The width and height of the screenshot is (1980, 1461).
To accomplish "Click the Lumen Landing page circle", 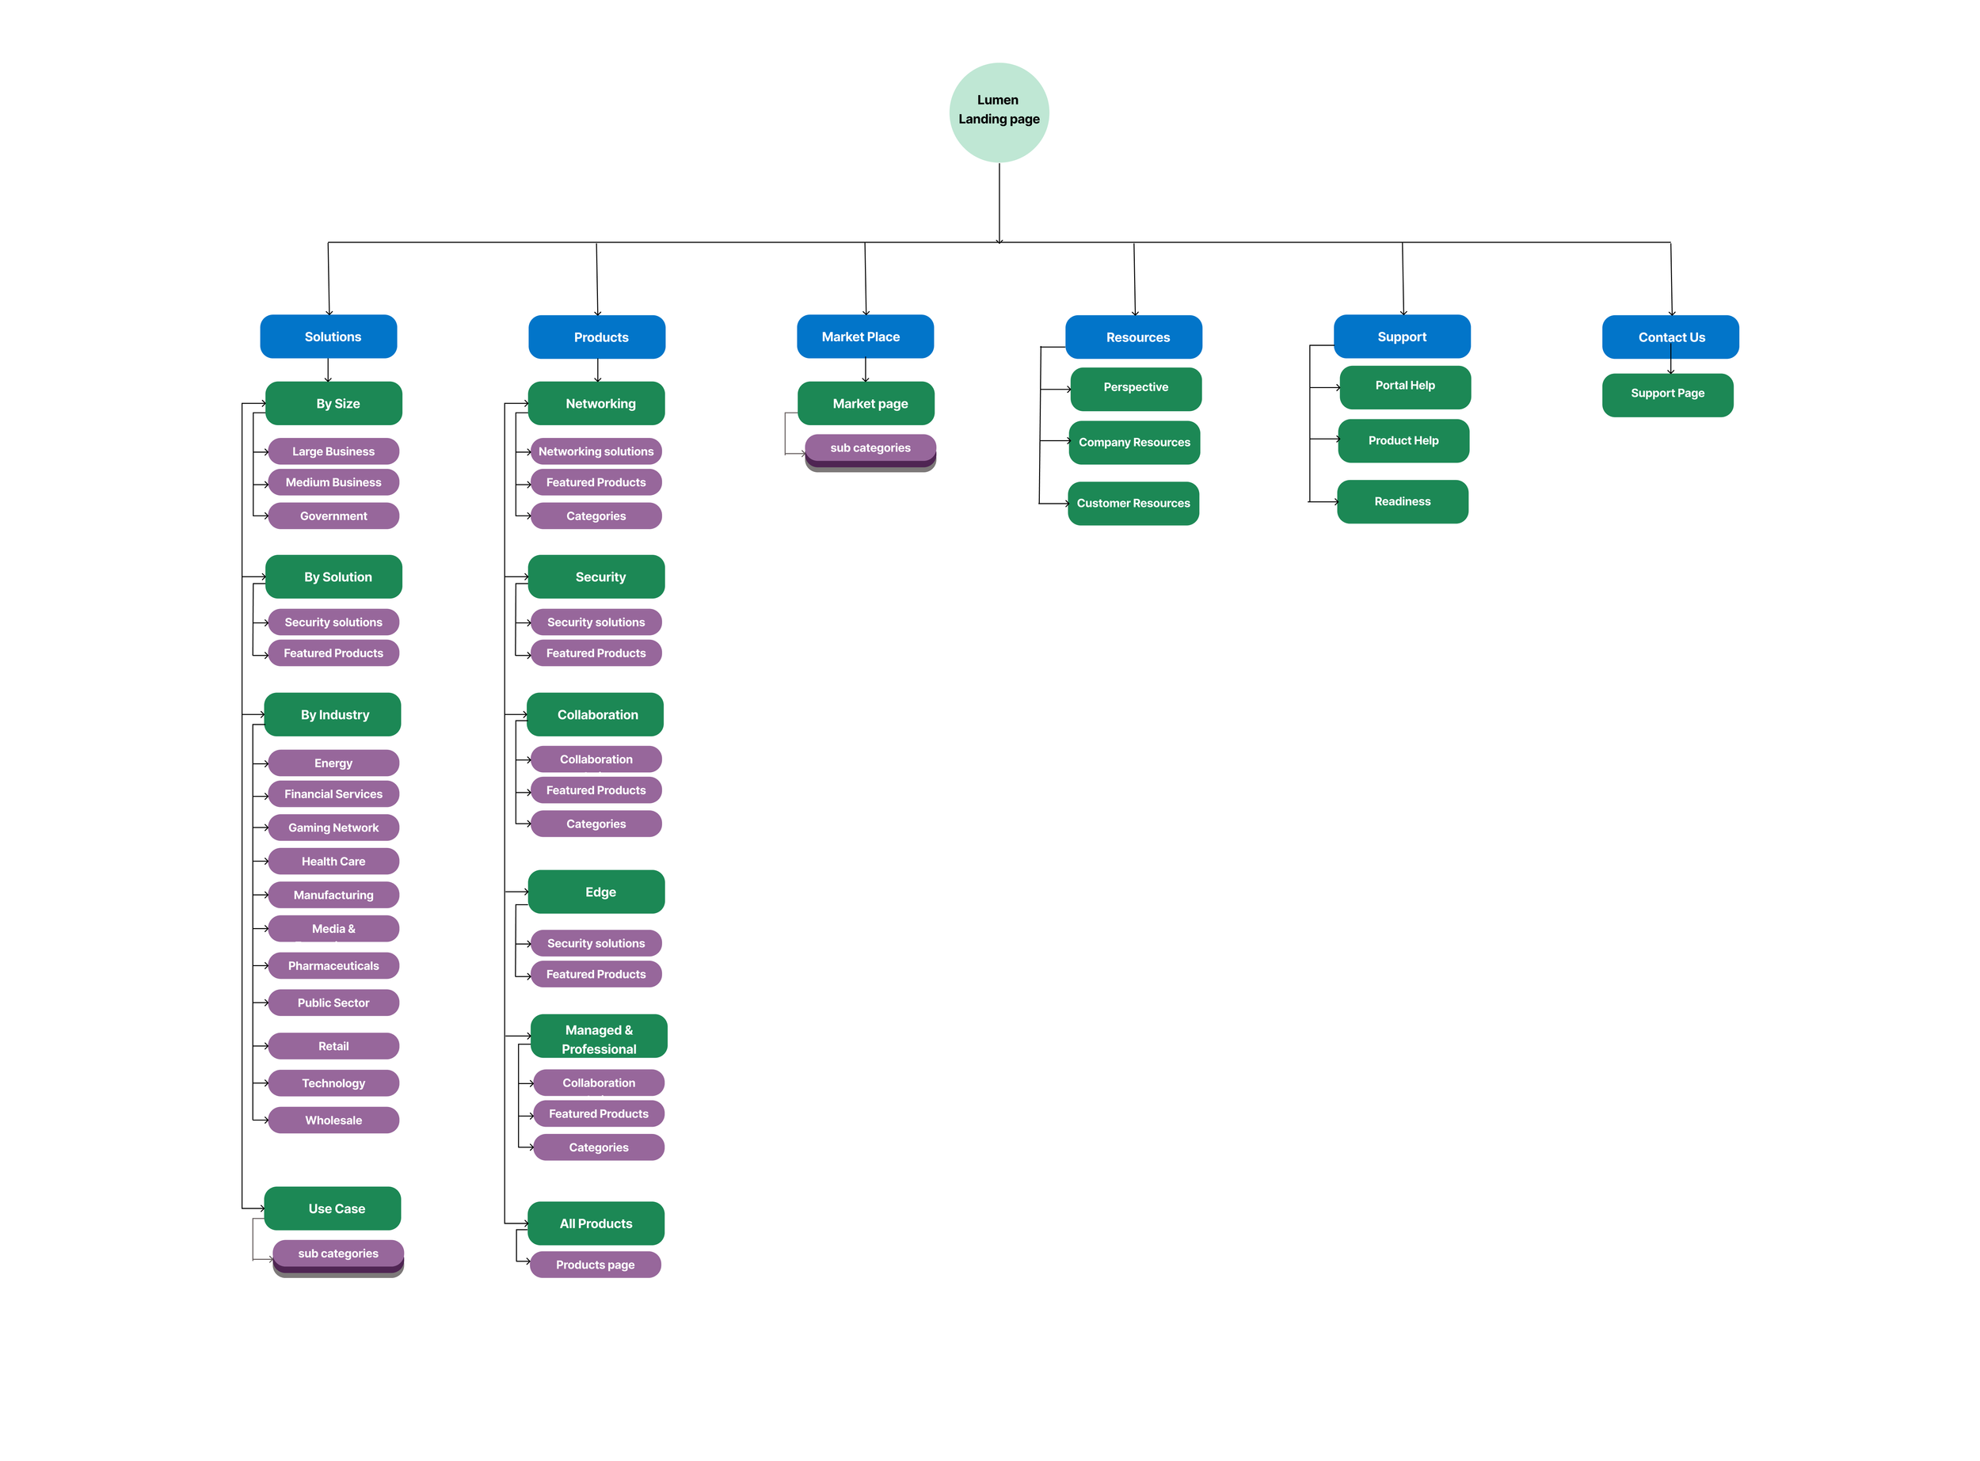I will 1000,112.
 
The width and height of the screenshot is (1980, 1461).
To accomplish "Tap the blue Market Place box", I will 865,337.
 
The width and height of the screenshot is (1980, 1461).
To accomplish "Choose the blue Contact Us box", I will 1670,338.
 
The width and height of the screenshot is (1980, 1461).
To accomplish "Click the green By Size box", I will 333,404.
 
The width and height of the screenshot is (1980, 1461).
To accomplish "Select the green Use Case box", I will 333,1209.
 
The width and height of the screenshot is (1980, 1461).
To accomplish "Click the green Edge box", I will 596,892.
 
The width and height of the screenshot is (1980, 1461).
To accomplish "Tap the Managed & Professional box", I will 599,1037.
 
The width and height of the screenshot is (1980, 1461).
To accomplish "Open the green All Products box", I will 596,1224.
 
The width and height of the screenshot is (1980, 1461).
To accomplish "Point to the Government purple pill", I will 333,516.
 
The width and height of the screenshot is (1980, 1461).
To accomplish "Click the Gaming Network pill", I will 333,828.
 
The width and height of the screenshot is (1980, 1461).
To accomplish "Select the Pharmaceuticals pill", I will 333,966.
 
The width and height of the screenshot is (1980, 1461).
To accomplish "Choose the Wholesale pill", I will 333,1120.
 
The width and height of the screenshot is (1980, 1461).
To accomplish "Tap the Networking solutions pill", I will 596,452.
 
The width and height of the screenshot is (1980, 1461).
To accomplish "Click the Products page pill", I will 595,1265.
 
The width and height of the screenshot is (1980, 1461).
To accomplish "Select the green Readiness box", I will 1403,502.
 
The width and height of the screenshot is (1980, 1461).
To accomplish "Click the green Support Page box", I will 1668,394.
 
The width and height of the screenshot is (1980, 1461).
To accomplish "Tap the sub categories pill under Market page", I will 870,448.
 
